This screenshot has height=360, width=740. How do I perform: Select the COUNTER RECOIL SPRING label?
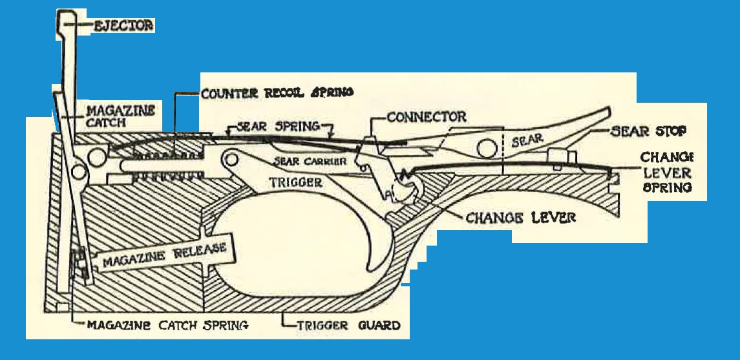pos(277,92)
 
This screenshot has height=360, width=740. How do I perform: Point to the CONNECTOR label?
pos(426,118)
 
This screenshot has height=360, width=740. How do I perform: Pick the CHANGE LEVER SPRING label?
pos(666,173)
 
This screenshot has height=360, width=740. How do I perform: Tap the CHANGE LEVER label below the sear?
pos(520,217)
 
